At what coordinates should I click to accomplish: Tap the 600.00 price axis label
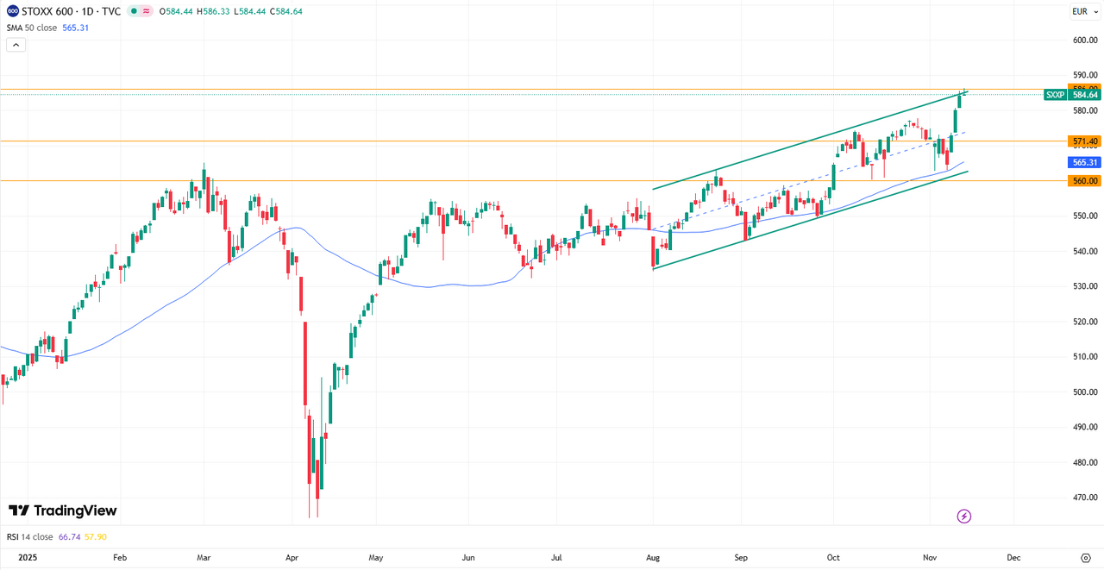(x=1085, y=40)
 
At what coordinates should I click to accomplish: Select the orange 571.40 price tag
(x=1085, y=141)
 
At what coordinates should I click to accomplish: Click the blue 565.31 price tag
(x=1085, y=162)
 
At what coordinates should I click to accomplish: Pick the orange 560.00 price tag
(x=1085, y=181)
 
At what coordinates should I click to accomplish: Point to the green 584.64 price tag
(x=1085, y=95)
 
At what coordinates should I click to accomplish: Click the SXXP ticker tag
(x=1055, y=95)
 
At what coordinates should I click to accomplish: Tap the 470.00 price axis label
(x=1085, y=498)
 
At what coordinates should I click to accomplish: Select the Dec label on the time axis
(x=1013, y=557)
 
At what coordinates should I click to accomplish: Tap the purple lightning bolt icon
(x=964, y=517)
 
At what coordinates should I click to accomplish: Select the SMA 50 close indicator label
(x=32, y=28)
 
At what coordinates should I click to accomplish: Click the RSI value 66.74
(x=69, y=536)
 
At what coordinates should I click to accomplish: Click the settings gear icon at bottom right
(x=1085, y=557)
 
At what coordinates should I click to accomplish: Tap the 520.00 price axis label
(x=1085, y=322)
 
